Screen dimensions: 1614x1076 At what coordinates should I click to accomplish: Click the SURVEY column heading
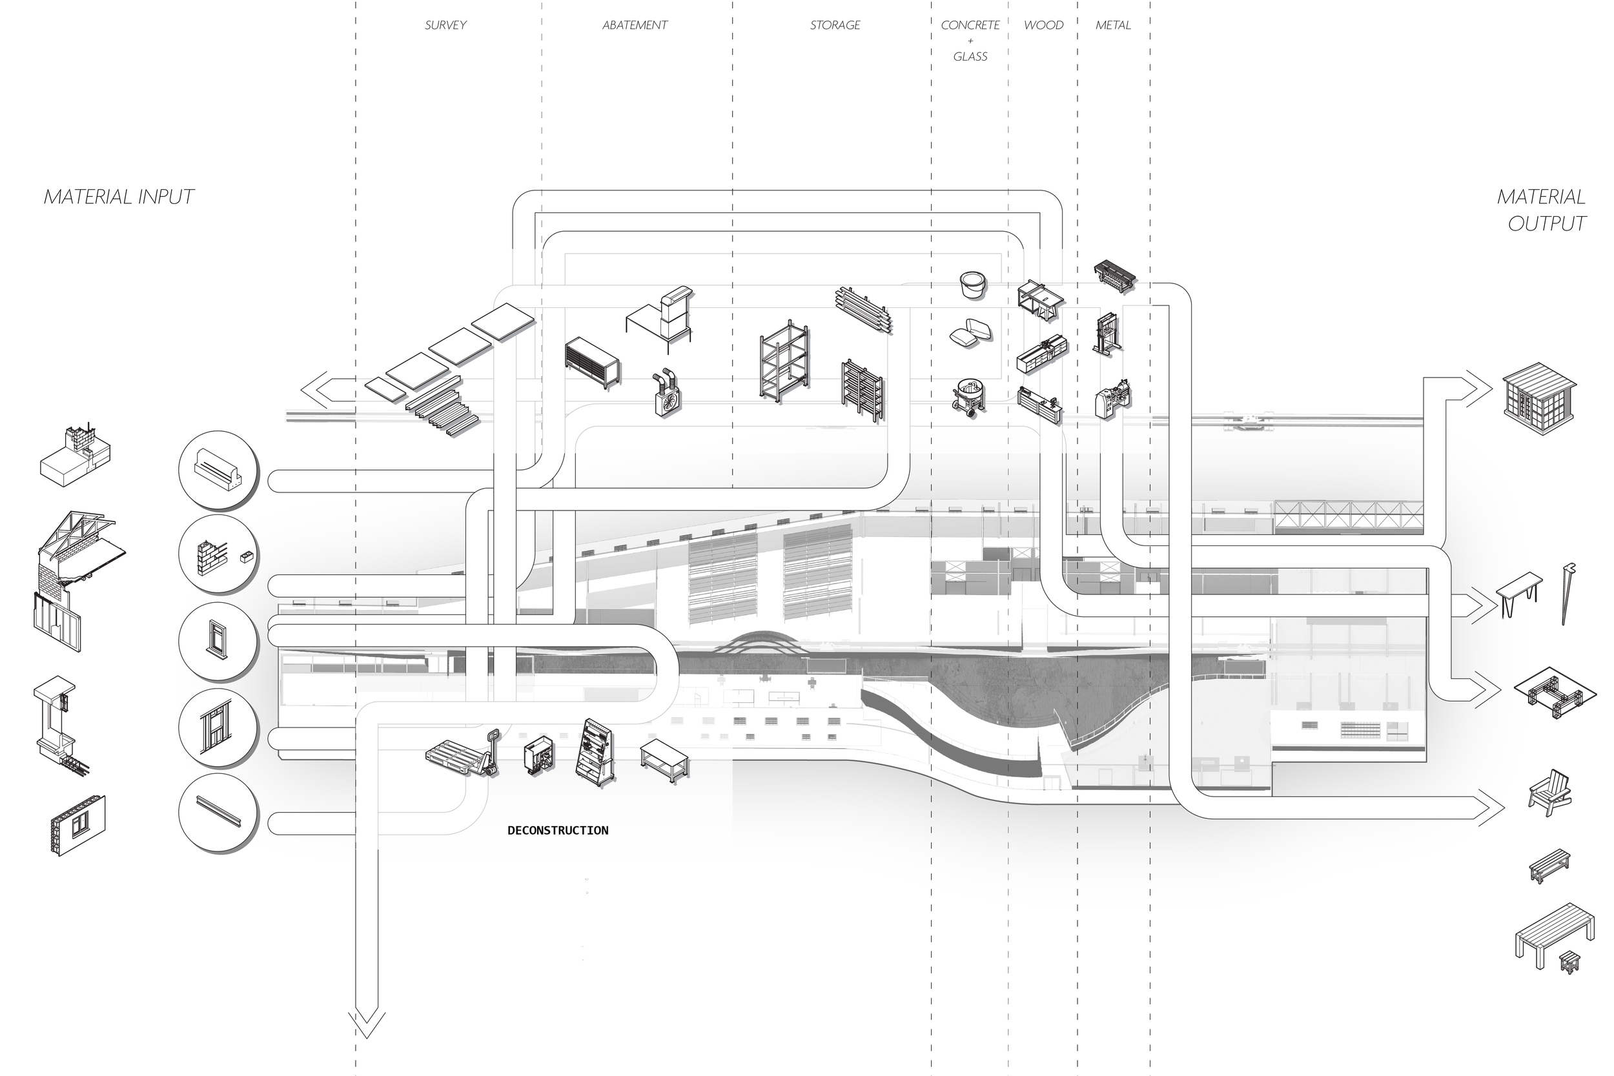pos(445,25)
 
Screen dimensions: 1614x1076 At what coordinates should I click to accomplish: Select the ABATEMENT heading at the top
pos(635,25)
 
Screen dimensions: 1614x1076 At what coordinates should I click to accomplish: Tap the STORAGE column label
pos(835,25)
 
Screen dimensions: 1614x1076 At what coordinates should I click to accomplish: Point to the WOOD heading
pos(1043,25)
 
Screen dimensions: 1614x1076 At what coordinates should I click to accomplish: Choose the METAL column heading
pos(1112,25)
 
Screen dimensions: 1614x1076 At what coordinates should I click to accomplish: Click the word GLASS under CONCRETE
pos(970,57)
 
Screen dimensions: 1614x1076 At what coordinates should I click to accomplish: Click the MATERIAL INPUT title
pos(119,197)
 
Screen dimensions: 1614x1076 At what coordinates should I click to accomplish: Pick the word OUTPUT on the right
pos(1547,224)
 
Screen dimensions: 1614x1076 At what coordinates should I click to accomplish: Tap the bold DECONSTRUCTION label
pos(557,830)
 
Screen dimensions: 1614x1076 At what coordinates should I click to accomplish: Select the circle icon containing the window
pos(218,641)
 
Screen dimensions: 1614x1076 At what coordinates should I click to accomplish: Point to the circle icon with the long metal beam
pos(218,813)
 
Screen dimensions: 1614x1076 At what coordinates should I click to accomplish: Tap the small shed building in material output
pos(1539,399)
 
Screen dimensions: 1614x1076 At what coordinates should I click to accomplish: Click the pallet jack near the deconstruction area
pos(465,753)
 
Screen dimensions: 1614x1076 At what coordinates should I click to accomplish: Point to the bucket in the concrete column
pos(972,284)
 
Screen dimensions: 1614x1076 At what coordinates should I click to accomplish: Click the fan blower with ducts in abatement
pos(666,393)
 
